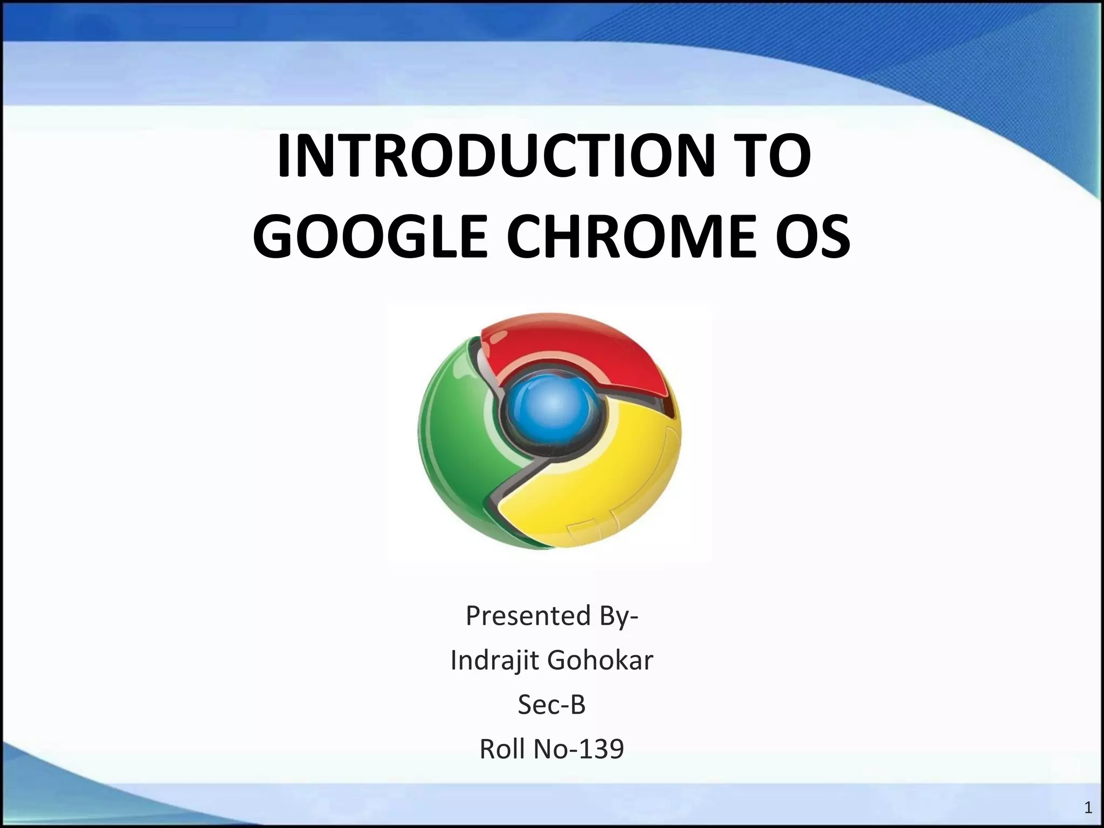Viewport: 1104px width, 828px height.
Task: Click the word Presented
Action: [x=528, y=616]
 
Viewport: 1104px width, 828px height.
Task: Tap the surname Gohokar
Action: [x=600, y=660]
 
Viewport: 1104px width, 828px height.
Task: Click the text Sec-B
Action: [x=551, y=705]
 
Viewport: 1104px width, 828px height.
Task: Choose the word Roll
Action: [x=502, y=749]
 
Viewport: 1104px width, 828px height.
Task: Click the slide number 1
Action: [x=1088, y=807]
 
